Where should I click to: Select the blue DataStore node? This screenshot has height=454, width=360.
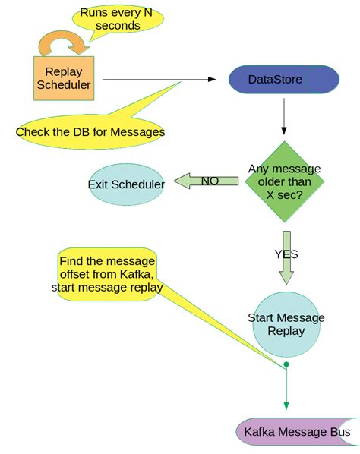click(x=283, y=80)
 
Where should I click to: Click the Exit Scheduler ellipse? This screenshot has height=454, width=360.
click(x=127, y=184)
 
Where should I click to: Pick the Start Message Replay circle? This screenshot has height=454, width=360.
click(x=286, y=324)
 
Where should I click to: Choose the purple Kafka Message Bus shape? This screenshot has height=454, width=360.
click(x=298, y=432)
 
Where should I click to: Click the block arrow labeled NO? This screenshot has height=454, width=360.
click(x=207, y=181)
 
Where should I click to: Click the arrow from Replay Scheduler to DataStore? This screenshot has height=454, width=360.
click(x=159, y=79)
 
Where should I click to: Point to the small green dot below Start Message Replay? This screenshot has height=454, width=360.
click(x=286, y=365)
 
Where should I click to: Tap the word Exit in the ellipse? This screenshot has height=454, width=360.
click(x=98, y=184)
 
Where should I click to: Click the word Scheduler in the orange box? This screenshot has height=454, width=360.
click(x=64, y=85)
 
